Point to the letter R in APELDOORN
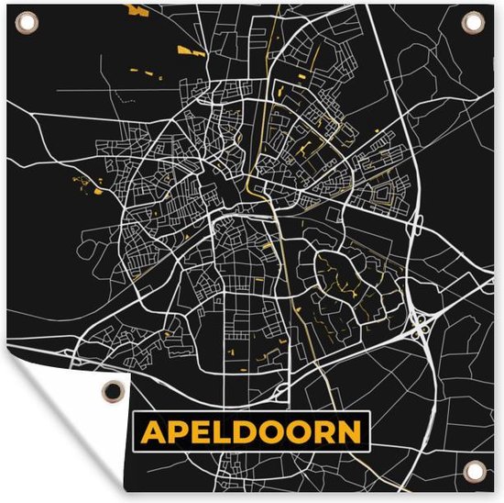point(323,431)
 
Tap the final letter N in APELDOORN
point(349,431)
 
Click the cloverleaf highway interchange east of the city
point(422,322)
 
